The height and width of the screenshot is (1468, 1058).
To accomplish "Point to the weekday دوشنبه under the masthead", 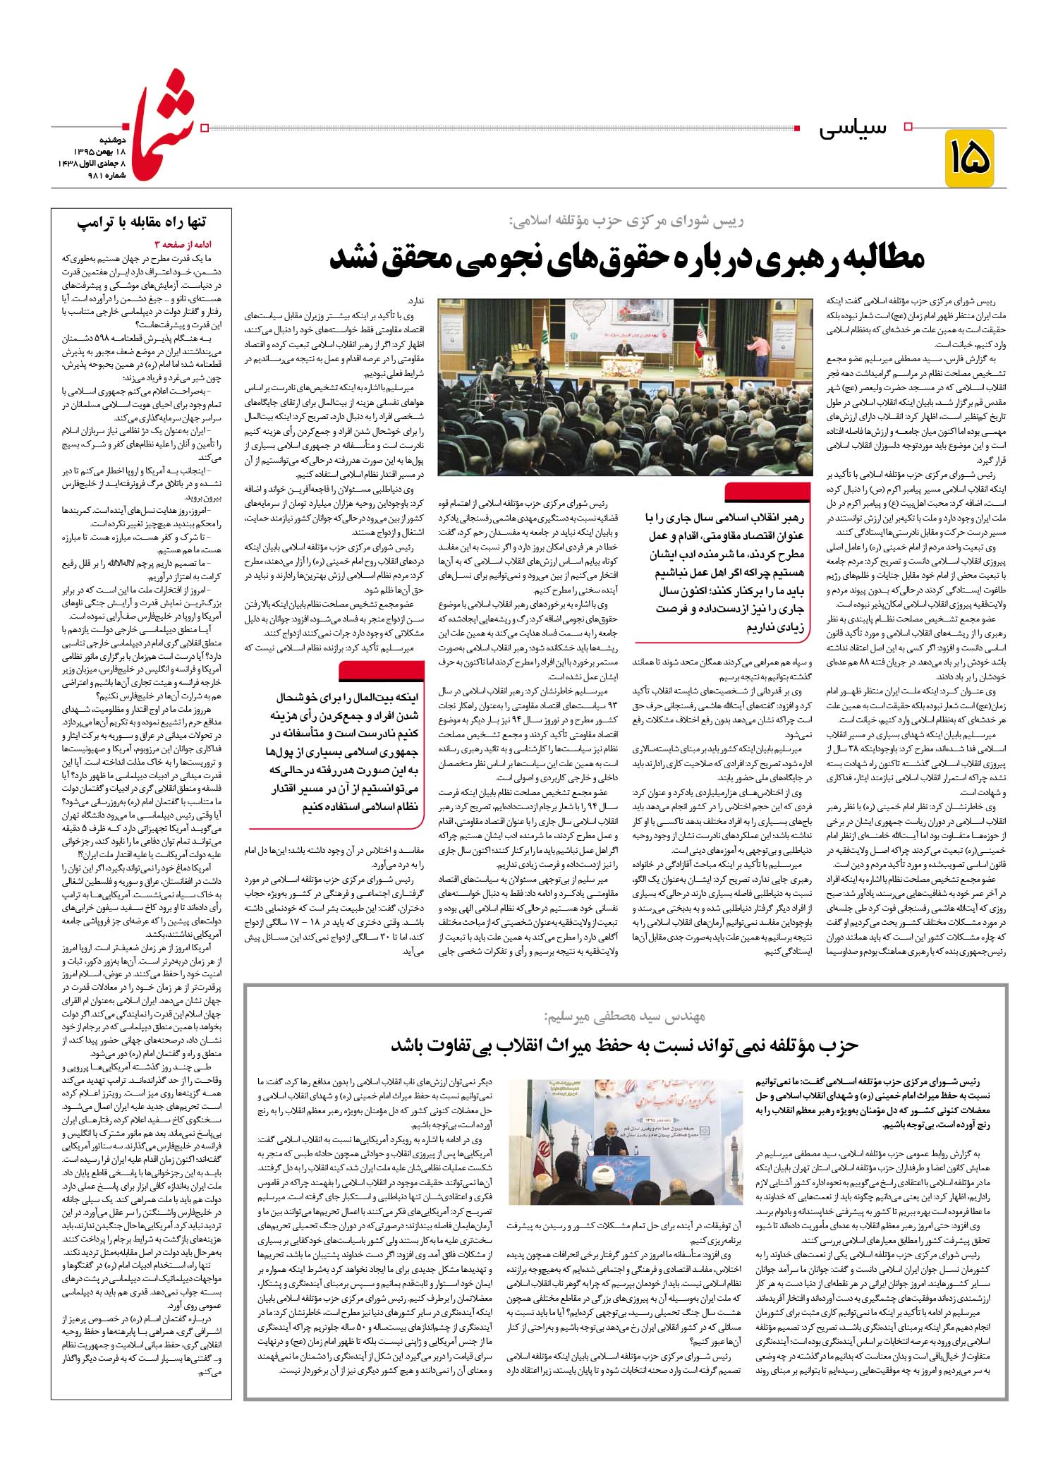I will (93, 140).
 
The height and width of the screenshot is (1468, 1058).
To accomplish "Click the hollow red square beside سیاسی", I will (908, 126).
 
